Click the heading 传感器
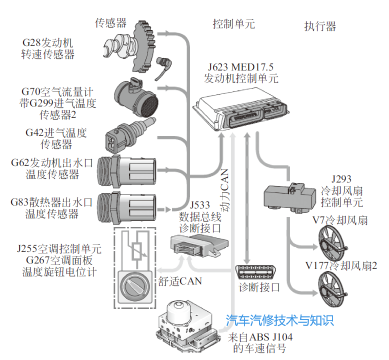[110, 22]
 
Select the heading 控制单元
[233, 24]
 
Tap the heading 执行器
[320, 26]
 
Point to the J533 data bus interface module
[198, 245]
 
